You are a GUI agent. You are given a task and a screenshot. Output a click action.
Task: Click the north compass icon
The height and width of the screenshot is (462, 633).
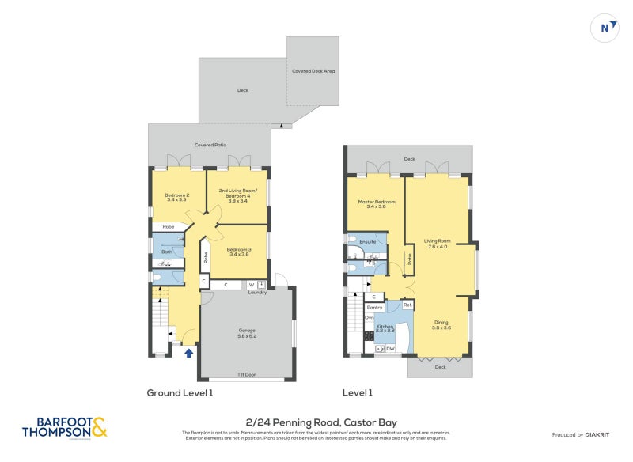tap(605, 28)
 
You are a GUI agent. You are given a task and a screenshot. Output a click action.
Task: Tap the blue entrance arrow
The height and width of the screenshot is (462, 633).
tap(188, 353)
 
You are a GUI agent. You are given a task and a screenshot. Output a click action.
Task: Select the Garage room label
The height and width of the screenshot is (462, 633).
tap(248, 333)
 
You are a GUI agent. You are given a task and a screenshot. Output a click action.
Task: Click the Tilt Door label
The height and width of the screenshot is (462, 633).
tap(248, 374)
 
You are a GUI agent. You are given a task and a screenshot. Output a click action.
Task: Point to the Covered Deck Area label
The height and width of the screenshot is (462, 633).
tap(313, 71)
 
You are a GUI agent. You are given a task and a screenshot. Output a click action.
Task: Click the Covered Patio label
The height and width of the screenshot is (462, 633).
tap(210, 145)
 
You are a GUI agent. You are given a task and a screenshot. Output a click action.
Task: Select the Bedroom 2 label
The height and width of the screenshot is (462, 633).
tap(176, 197)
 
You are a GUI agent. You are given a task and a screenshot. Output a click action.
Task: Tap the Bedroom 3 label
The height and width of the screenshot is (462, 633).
tap(239, 252)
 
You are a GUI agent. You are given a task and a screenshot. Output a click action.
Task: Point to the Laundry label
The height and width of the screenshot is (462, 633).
tap(257, 293)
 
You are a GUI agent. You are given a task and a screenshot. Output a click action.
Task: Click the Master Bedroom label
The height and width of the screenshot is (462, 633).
tap(377, 203)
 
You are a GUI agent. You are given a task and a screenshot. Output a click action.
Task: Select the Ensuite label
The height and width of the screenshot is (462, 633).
tap(367, 241)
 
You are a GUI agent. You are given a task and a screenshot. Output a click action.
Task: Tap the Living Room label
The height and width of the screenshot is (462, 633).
tap(437, 243)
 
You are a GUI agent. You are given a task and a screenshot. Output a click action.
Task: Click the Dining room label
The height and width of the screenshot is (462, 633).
tap(441, 324)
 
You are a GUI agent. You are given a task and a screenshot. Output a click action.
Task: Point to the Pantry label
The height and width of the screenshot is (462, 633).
tap(374, 307)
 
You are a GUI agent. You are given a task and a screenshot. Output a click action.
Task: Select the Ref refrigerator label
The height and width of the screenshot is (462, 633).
tap(407, 305)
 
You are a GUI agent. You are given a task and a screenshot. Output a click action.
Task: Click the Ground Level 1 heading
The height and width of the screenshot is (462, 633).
tap(180, 392)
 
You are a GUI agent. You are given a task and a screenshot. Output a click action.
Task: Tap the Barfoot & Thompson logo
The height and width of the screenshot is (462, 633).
tap(64, 428)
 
